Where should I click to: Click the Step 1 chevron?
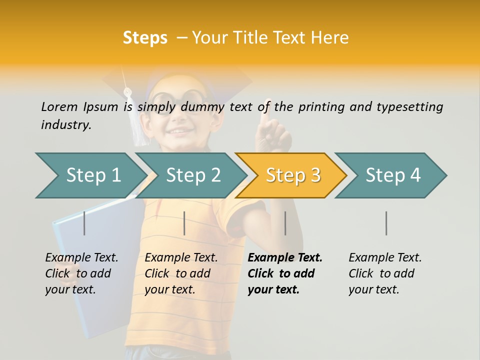point(92,175)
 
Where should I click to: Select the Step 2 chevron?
point(192,175)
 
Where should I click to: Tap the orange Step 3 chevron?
point(292,175)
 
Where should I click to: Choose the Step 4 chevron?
point(392,175)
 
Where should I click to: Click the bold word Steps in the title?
point(145,38)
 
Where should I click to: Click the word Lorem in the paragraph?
point(59,106)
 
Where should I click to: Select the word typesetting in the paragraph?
point(409,107)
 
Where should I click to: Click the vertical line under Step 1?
point(84,223)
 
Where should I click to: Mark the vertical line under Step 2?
point(184,223)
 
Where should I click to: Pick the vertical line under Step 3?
point(285,223)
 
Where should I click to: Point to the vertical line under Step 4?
point(386,223)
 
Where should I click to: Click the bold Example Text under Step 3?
point(285,258)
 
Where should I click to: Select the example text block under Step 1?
point(81,273)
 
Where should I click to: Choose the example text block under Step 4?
point(385,273)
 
